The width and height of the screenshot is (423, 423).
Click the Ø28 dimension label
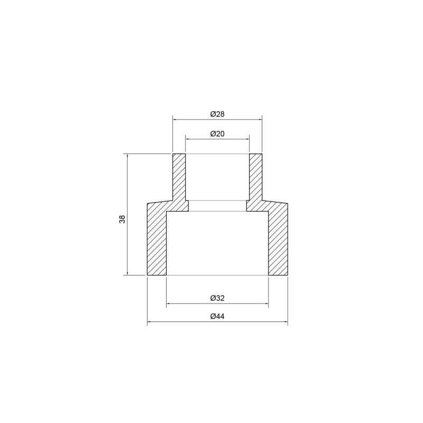coord(217,114)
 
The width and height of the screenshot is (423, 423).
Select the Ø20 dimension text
coord(217,134)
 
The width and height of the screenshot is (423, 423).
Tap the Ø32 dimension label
coord(217,298)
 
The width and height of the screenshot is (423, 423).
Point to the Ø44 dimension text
coord(217,316)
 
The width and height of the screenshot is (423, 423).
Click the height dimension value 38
coord(123,219)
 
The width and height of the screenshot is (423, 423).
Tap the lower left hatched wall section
coord(157,240)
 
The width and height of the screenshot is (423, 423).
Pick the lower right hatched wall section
coord(278,240)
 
